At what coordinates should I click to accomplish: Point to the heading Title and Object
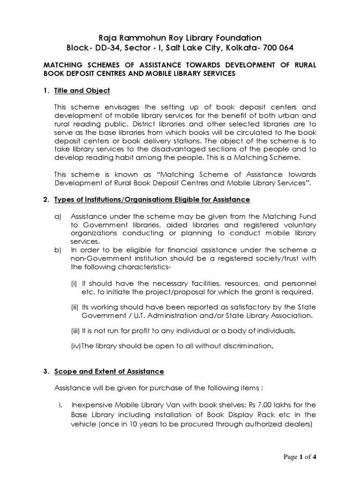82,90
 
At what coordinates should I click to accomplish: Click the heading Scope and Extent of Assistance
109,371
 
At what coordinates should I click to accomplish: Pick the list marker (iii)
75,331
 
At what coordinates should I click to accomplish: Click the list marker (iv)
75,346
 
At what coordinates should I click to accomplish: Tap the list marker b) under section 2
58,250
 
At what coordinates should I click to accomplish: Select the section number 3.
46,371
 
